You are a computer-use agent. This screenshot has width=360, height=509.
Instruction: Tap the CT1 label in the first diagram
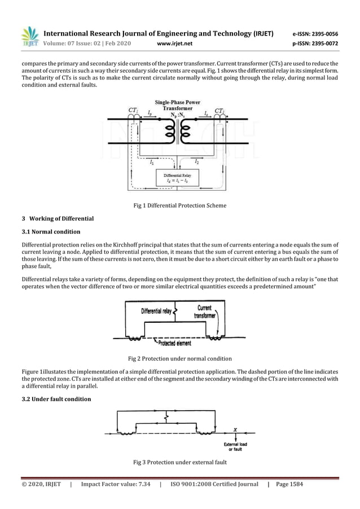133,109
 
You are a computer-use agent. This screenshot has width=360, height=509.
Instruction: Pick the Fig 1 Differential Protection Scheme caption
179,205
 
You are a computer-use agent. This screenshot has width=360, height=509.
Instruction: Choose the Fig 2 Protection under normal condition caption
179,358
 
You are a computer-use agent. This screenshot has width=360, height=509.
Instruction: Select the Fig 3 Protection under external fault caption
179,463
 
